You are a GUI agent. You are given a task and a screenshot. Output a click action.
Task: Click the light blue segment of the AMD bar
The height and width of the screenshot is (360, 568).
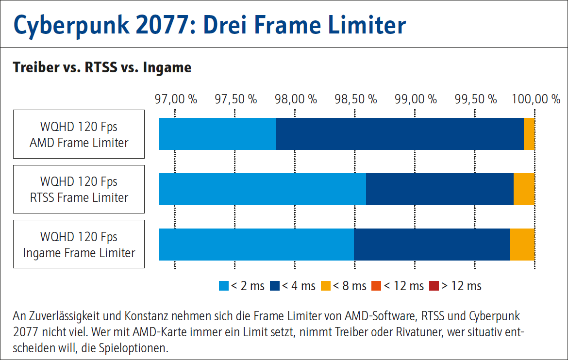point(217,134)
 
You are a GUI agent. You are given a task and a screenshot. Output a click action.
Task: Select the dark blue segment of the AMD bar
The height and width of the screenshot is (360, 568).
point(400,134)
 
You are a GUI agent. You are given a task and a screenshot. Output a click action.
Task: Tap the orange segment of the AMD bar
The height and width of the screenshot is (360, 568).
point(529,134)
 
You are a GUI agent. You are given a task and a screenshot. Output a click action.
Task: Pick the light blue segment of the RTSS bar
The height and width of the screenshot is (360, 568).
point(262,189)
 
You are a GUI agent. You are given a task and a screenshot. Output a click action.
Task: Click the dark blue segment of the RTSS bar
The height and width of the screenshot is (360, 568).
point(439,189)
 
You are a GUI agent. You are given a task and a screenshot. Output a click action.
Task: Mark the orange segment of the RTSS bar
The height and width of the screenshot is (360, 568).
point(524,189)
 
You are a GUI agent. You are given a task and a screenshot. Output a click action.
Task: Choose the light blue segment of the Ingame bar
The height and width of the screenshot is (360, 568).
point(256,244)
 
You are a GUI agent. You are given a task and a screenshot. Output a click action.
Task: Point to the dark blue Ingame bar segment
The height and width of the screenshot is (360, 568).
point(432,244)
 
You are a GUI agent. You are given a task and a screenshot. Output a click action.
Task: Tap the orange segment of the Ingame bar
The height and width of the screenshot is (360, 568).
point(522,244)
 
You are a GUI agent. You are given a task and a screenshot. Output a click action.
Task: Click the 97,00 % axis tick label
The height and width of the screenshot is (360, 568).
point(176,99)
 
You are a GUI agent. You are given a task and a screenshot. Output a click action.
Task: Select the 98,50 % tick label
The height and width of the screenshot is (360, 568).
point(355,99)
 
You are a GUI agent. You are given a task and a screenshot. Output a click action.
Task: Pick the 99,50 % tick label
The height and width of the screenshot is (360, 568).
point(475,99)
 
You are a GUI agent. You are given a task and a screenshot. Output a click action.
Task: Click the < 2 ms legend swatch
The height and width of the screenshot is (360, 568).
point(224,286)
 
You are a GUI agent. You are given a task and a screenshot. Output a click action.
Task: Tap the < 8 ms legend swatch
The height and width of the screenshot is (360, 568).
point(326,286)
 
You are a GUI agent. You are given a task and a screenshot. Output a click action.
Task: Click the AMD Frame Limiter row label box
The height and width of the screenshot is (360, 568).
point(79,134)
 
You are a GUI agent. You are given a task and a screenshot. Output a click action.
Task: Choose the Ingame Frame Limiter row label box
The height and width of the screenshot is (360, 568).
point(79,244)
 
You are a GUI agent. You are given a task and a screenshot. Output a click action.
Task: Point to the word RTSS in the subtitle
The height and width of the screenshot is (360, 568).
point(101,67)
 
